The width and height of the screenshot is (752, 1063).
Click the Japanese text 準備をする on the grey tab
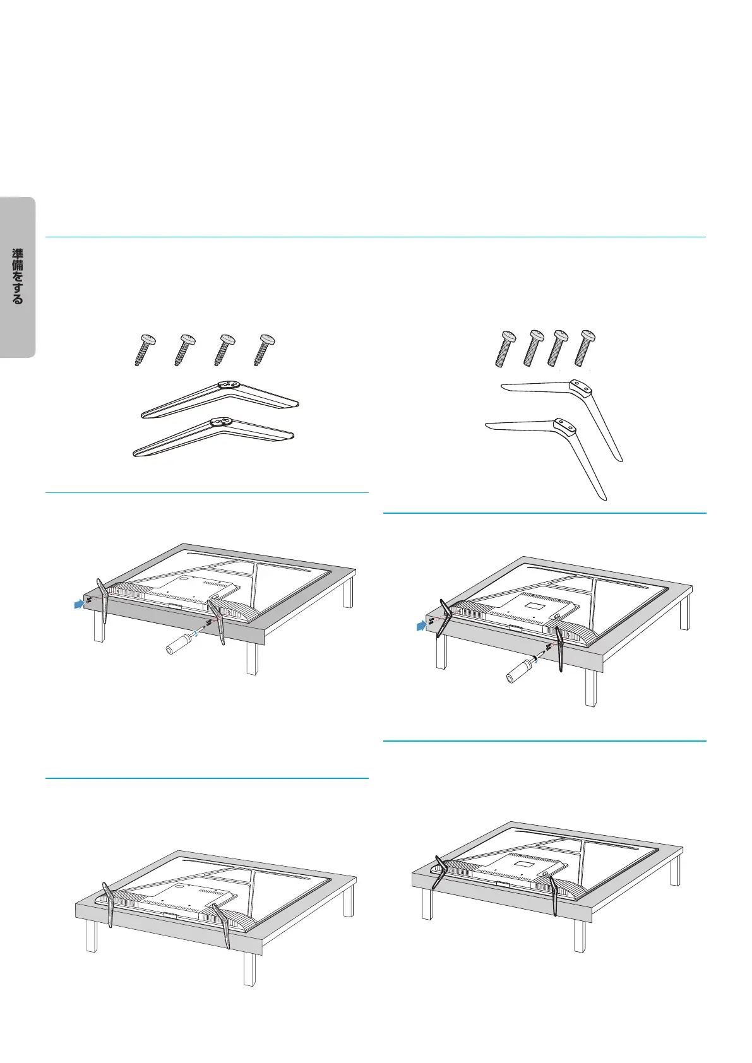point(18,276)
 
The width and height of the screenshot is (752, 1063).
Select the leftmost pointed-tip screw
point(144,350)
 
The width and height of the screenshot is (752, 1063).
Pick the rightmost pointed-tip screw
point(265,350)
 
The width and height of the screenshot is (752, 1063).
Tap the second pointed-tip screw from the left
point(184,350)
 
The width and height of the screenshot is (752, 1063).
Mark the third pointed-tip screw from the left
point(225,350)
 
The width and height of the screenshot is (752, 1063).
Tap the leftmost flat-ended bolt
point(505,349)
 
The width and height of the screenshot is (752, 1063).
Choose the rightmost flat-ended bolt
point(585,348)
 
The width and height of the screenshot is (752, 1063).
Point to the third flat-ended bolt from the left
point(558,348)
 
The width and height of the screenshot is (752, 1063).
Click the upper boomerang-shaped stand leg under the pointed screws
point(220,399)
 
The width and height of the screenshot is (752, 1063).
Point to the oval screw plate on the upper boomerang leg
point(227,385)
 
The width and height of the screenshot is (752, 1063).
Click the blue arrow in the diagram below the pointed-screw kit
point(80,603)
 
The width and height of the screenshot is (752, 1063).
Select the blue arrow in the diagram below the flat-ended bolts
point(422,626)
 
